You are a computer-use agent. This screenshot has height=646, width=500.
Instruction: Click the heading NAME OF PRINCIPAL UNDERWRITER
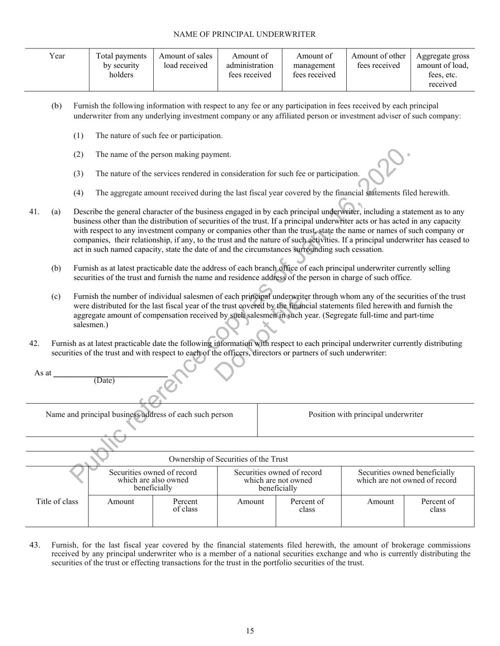(244, 34)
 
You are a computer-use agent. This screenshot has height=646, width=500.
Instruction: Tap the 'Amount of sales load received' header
(185, 61)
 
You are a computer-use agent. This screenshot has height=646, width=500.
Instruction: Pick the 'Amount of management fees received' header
(314, 65)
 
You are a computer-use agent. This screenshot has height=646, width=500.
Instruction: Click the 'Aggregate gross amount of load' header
(442, 70)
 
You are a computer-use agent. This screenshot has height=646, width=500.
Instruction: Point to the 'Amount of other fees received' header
(378, 61)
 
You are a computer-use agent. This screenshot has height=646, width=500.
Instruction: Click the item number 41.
(34, 212)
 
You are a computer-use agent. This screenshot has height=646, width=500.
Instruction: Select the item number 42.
(34, 343)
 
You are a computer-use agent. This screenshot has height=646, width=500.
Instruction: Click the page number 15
(250, 631)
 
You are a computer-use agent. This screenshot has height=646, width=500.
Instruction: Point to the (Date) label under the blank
(104, 381)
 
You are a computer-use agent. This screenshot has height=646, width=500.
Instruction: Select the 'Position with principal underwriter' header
(365, 414)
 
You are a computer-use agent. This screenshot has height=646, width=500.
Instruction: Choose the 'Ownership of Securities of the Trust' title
(228, 459)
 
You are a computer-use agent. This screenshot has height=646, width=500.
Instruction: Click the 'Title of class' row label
(57, 502)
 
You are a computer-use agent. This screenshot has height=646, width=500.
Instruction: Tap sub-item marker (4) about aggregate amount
(78, 193)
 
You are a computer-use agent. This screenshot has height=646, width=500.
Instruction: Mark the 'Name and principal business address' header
(139, 414)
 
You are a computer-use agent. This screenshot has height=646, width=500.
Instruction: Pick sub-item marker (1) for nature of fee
(78, 136)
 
